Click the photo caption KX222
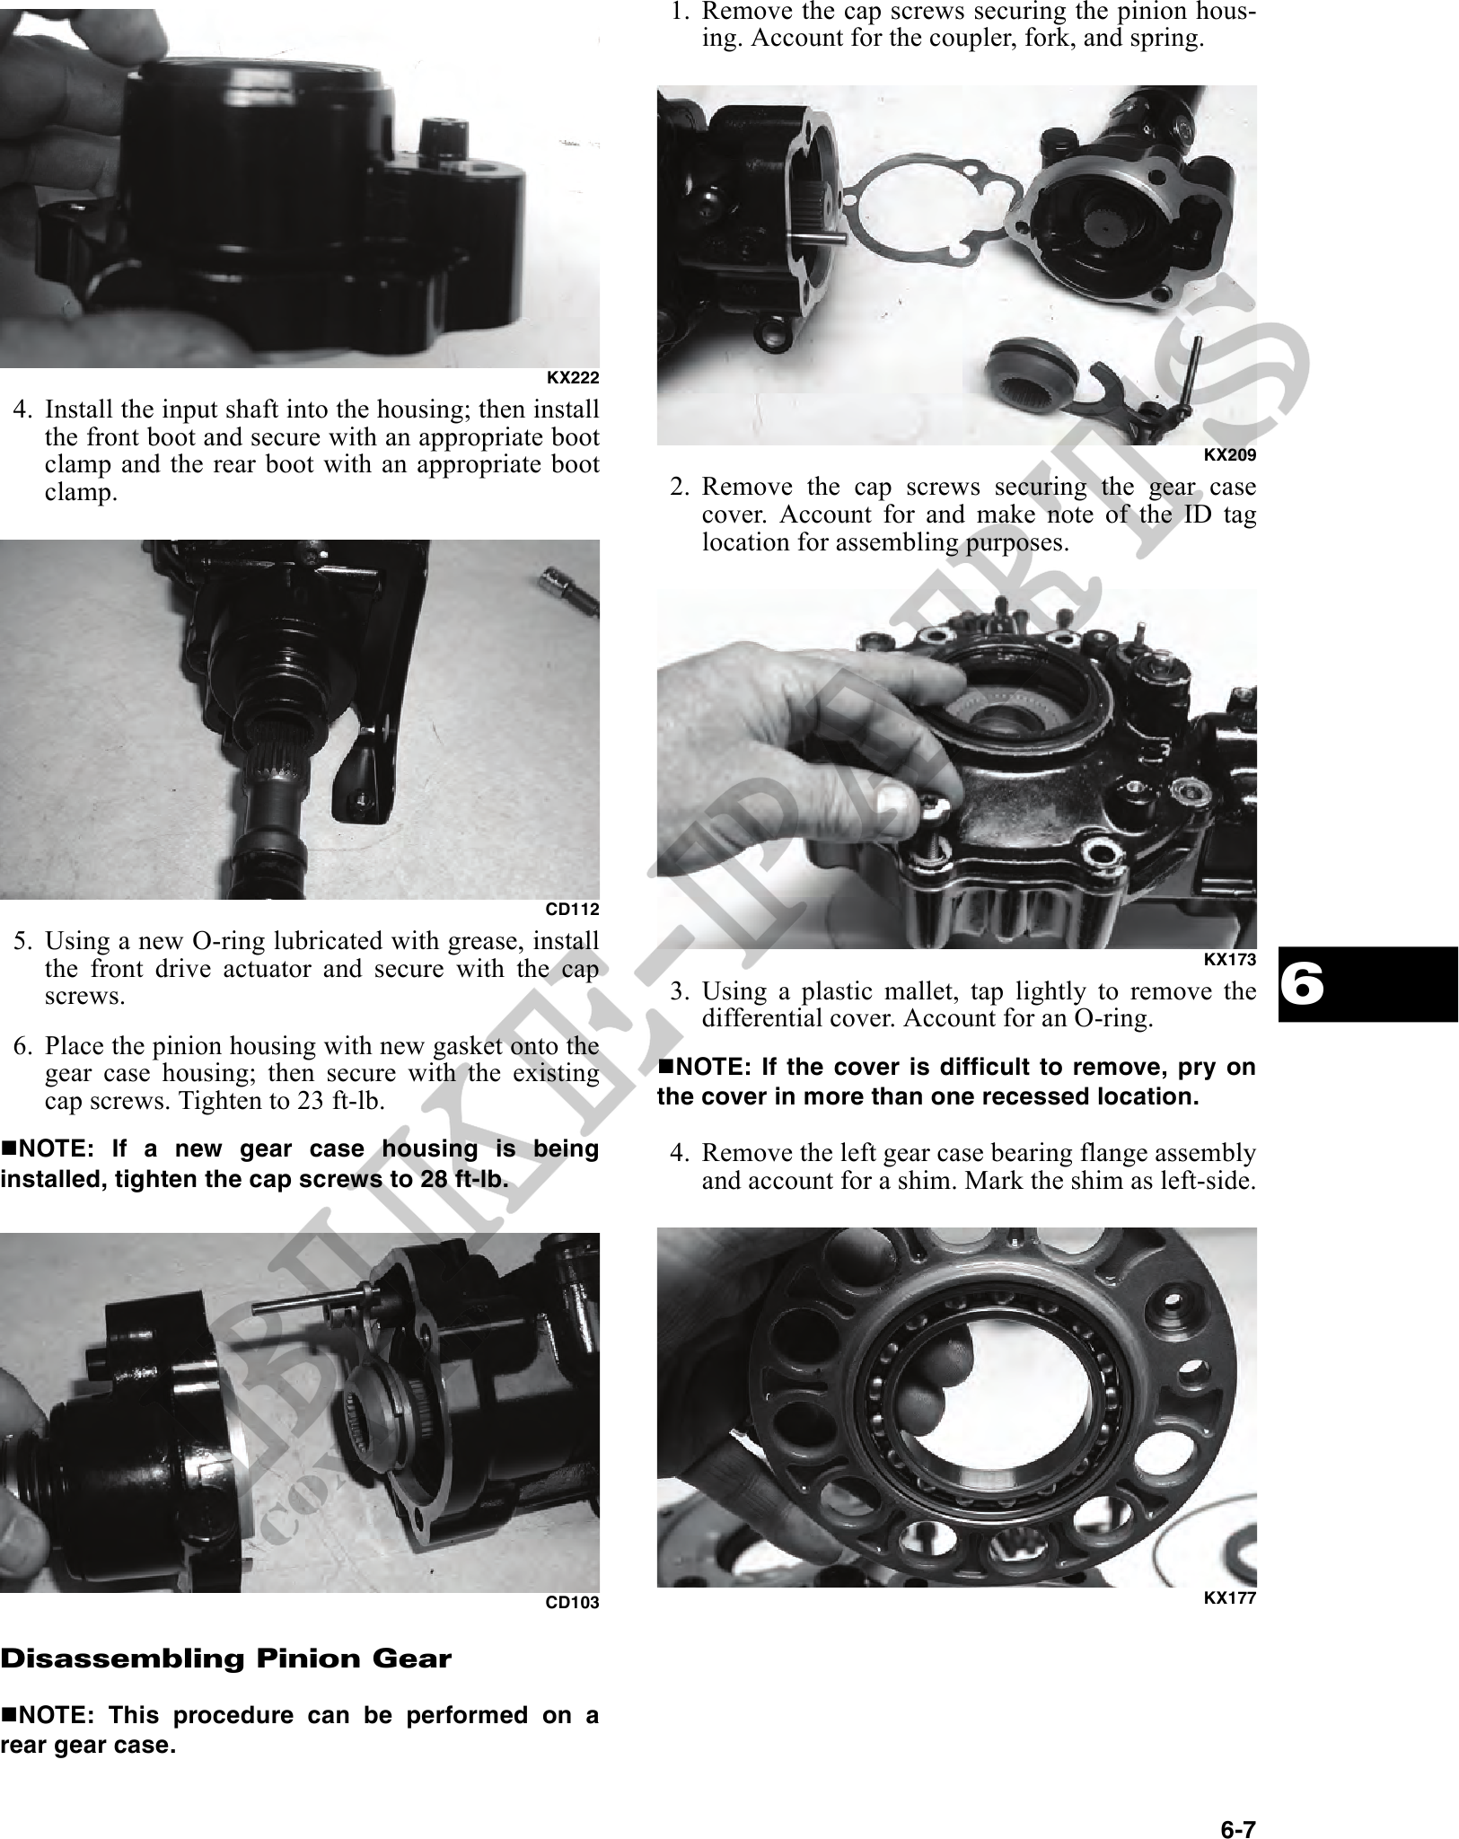coord(573,377)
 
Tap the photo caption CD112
coord(573,909)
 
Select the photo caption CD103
coord(573,1602)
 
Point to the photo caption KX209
coord(1229,454)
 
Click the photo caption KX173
coord(1229,959)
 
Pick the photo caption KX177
coord(1229,1597)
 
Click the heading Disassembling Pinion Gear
coord(225,1659)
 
